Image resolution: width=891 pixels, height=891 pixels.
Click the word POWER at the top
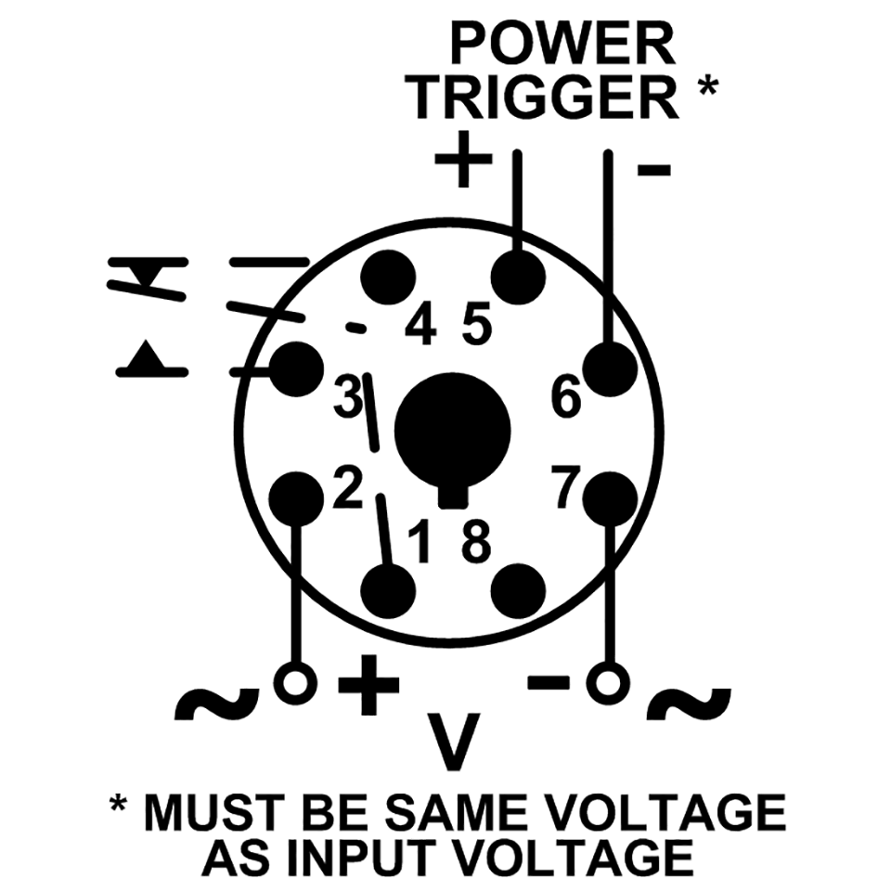562,45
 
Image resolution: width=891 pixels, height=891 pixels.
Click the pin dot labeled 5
518,276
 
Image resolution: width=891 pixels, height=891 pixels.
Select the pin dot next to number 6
610,368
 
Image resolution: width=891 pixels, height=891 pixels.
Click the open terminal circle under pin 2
296,684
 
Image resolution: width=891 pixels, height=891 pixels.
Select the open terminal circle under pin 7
610,684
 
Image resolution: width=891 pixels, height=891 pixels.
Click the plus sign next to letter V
368,686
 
